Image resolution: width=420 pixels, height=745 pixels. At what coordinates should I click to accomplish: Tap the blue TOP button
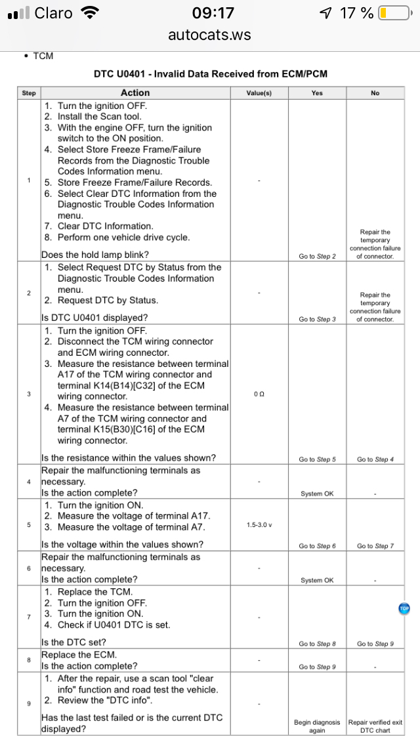point(404,608)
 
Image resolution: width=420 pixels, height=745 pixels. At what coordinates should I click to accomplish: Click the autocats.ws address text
point(209,35)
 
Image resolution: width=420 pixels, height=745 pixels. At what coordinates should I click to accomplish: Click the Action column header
point(135,93)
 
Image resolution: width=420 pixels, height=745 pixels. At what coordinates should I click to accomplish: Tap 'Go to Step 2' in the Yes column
point(317,256)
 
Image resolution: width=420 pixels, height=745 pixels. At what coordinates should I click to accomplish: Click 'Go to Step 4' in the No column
point(375,459)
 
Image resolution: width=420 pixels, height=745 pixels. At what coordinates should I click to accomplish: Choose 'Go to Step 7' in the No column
point(375,546)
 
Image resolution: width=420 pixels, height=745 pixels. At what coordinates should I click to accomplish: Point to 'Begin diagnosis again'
point(317,726)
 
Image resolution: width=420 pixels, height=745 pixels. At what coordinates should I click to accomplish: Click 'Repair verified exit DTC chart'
point(375,726)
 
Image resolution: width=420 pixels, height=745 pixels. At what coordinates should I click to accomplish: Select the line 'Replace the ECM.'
point(79,654)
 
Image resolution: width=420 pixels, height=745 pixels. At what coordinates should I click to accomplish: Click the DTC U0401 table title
point(210,74)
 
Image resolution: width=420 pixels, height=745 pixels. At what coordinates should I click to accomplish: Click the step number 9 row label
point(29,704)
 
